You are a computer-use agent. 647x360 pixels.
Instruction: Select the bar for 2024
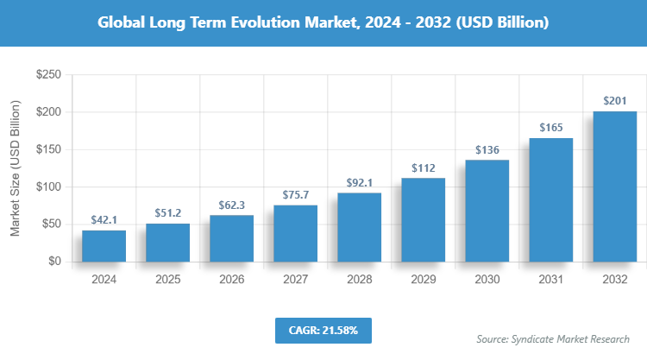tap(104, 245)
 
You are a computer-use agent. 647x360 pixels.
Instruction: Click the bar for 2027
tap(295, 233)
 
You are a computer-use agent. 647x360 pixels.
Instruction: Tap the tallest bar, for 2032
tap(614, 186)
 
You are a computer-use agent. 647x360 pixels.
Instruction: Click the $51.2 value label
tap(167, 212)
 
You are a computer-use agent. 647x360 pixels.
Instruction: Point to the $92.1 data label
tap(359, 182)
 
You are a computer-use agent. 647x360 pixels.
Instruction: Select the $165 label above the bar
tap(550, 128)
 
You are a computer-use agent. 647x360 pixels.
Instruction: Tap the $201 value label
tap(614, 101)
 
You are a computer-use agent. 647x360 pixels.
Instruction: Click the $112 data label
tap(423, 167)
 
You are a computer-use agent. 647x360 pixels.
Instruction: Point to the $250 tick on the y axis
tap(47, 75)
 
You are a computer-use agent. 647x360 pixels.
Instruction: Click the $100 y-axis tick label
tap(47, 186)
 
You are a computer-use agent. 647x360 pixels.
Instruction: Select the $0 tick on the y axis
tap(53, 261)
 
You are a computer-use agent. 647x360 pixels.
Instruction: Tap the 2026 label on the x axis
tap(231, 280)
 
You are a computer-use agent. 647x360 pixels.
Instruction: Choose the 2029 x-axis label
tap(423, 280)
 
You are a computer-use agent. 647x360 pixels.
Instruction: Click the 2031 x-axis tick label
tap(550, 280)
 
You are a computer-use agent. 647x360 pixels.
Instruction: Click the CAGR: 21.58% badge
tap(323, 330)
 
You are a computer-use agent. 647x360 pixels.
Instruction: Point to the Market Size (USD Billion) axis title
tap(15, 168)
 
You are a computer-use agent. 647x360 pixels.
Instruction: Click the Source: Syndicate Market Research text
tap(553, 338)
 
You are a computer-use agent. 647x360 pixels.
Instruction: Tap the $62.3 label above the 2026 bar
tap(231, 205)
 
